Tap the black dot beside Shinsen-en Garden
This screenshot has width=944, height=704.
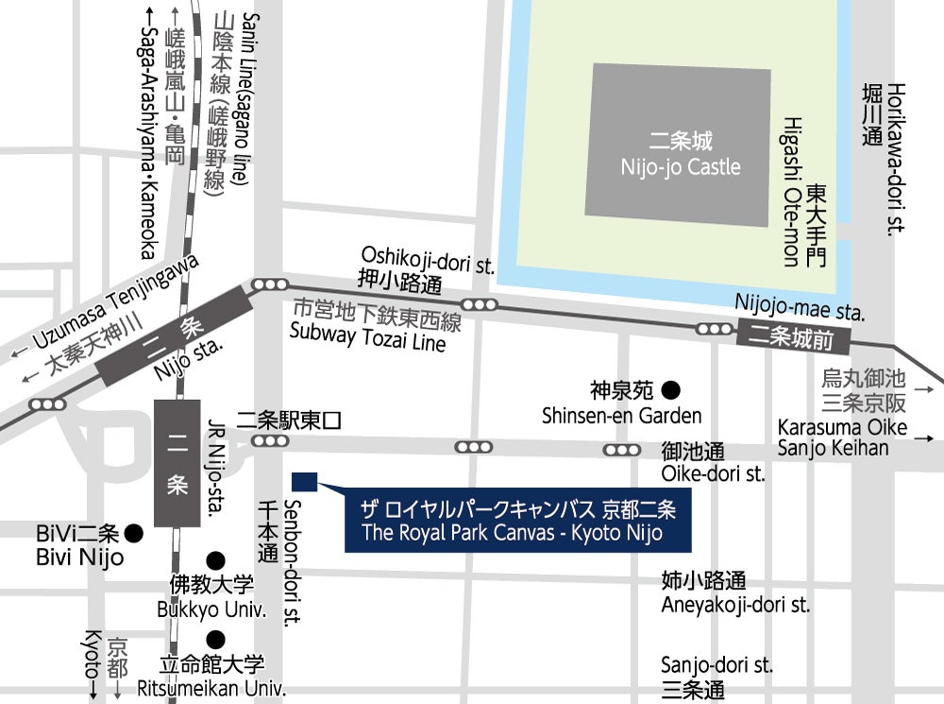(x=670, y=388)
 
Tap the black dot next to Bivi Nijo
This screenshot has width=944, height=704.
(x=134, y=533)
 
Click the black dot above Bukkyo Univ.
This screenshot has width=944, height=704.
(x=216, y=559)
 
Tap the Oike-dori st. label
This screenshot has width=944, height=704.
(x=713, y=473)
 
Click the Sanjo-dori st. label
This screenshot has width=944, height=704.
(x=716, y=665)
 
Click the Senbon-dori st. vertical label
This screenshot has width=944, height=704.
(x=293, y=561)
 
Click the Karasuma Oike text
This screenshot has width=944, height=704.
(x=842, y=427)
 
